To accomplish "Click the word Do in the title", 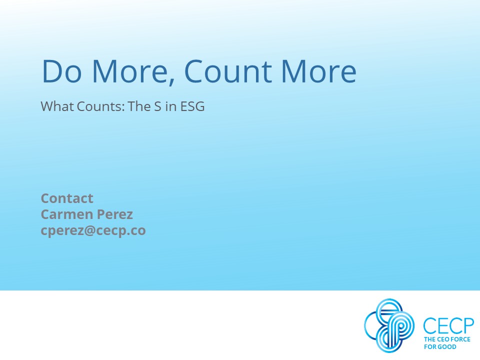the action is point(62,71).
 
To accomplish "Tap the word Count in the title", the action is point(228,71).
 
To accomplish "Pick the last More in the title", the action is point(318,71).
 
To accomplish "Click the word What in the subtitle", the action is point(57,106).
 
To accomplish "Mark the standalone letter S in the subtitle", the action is point(157,106).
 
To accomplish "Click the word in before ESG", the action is point(171,106).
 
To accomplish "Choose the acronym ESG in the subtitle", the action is point(192,106).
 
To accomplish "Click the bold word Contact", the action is point(66,198).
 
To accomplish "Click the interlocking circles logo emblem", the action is point(389,325).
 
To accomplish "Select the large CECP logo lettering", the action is point(448,326).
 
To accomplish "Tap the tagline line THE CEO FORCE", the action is point(447,339).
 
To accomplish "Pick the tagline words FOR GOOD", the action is point(440,347).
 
